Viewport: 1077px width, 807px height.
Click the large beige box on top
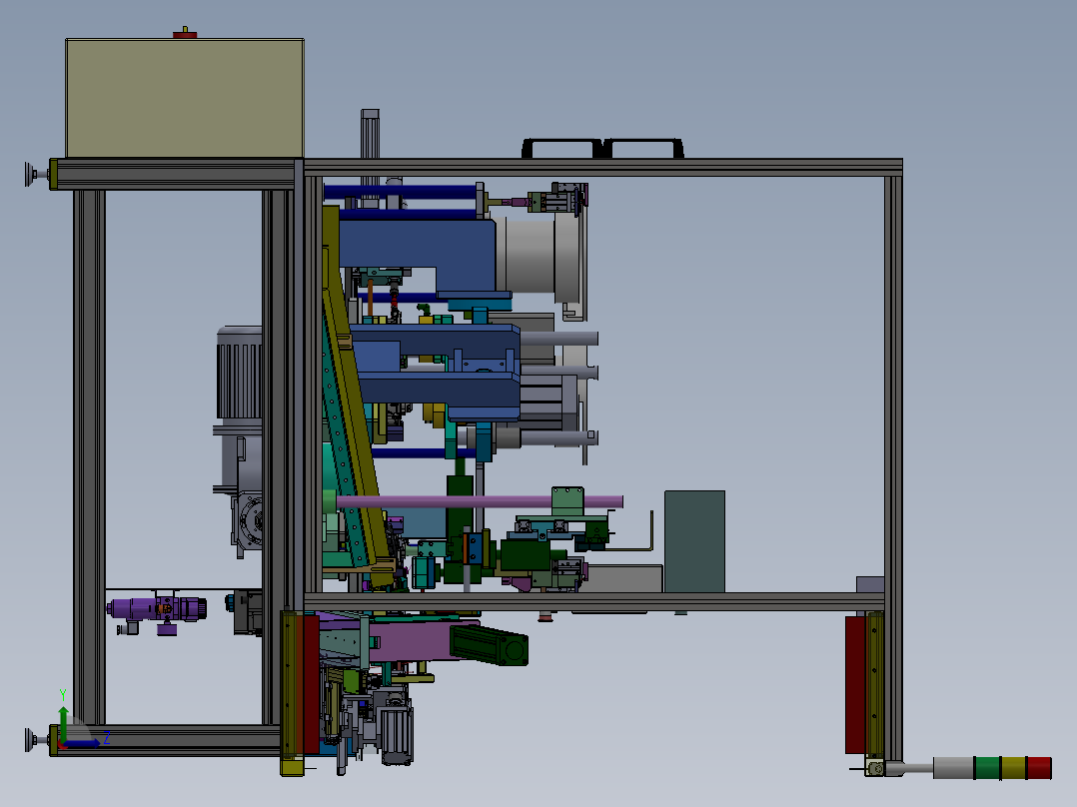click(185, 98)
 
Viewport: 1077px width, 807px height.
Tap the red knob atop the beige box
click(185, 34)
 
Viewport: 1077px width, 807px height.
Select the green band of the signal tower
click(988, 768)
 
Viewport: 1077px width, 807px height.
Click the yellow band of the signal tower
click(1013, 768)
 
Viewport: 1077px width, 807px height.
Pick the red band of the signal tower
click(1039, 768)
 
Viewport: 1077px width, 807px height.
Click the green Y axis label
click(63, 695)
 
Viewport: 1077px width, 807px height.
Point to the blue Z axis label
click(107, 738)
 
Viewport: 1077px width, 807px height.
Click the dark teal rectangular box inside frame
click(694, 541)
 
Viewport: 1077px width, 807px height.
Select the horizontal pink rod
click(480, 502)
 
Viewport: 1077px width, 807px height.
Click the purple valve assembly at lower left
click(157, 611)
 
